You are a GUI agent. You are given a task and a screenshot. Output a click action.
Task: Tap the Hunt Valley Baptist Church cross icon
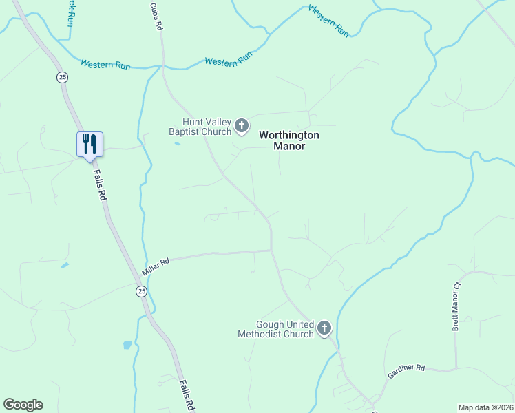point(241,125)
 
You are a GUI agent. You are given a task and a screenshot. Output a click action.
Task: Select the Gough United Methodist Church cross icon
point(324,328)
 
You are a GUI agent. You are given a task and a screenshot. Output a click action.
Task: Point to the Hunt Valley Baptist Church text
point(201,127)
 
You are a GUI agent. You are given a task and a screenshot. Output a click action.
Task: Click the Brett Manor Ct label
point(456,307)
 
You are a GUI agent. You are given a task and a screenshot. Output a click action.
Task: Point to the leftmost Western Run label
point(105,65)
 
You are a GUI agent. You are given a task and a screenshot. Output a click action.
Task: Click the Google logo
point(23,405)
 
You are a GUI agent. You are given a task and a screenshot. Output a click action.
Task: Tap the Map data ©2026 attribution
point(485,407)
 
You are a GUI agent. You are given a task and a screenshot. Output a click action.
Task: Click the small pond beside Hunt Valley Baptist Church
point(178,143)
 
